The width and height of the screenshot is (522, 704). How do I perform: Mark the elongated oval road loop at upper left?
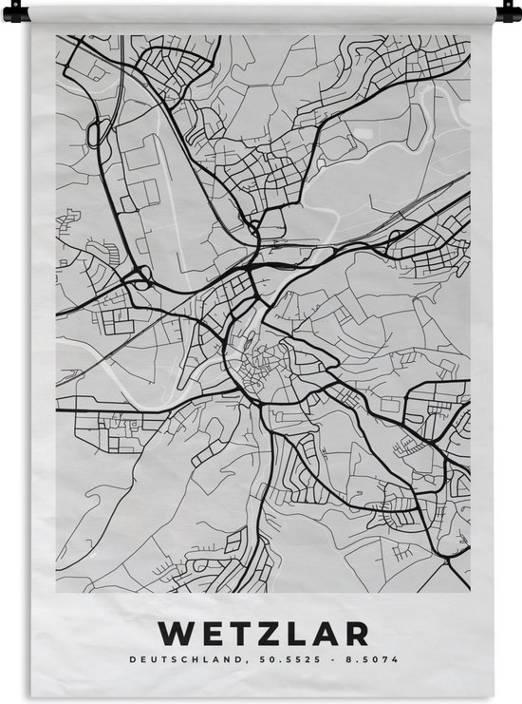(92, 134)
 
